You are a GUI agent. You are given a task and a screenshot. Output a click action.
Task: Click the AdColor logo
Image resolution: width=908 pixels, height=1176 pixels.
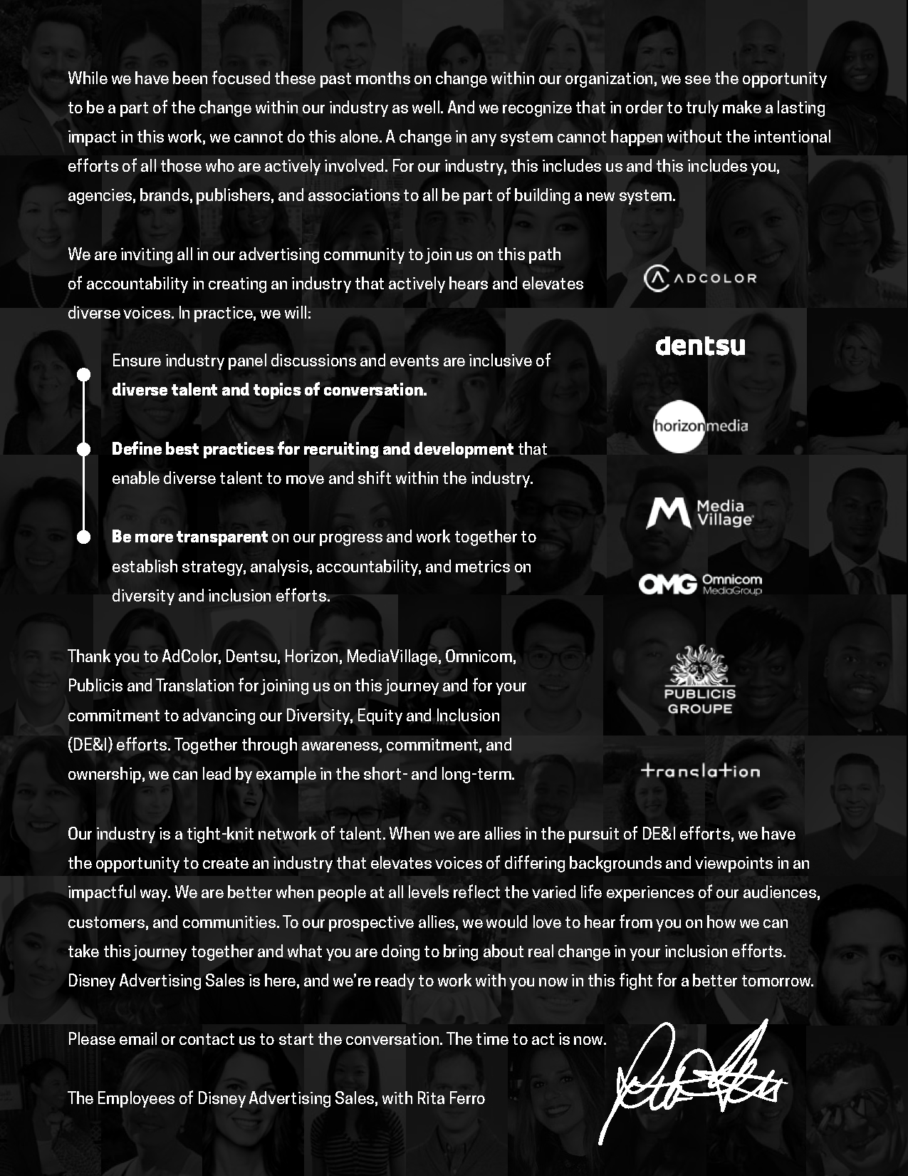[699, 278]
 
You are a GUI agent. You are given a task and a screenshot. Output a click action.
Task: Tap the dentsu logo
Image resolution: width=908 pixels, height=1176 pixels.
[700, 346]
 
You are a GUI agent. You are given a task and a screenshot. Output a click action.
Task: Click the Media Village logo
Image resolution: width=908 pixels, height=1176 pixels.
[699, 513]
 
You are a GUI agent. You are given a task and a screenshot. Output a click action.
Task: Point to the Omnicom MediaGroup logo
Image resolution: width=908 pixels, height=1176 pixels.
[699, 584]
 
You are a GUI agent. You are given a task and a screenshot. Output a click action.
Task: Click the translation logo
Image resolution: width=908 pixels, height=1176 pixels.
[700, 770]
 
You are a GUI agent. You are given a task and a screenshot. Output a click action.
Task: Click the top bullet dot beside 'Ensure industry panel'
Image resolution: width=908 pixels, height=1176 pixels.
[83, 374]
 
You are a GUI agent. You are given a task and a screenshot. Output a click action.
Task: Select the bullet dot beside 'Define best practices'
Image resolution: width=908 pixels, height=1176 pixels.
[83, 449]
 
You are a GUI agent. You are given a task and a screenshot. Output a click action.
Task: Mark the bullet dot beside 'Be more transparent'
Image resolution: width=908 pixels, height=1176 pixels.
[83, 537]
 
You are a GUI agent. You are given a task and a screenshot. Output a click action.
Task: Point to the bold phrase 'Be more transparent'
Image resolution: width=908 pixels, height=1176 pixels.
[189, 537]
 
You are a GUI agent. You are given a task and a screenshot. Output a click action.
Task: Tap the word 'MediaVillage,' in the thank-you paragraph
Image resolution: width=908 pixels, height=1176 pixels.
[392, 656]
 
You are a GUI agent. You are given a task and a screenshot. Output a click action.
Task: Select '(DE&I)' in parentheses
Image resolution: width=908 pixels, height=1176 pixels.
[90, 745]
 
